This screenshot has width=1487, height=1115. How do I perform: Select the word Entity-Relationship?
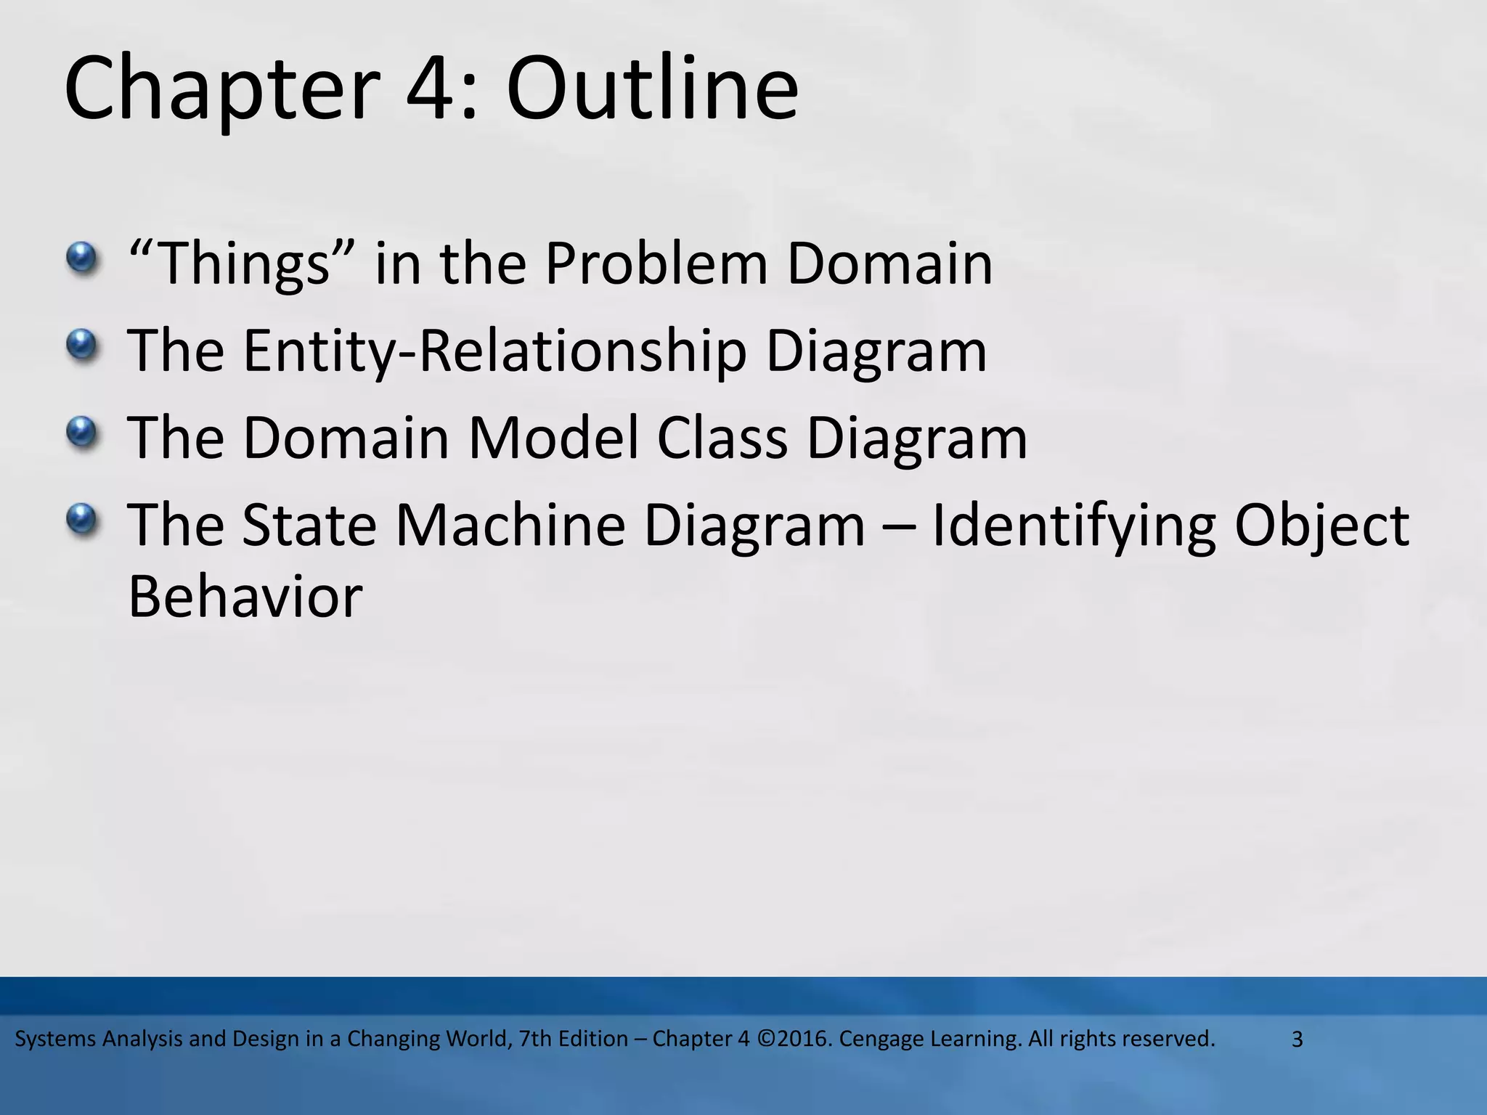pyautogui.click(x=494, y=352)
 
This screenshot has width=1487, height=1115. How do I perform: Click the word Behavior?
pyautogui.click(x=245, y=597)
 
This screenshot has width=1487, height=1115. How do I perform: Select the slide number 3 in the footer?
pyautogui.click(x=1297, y=1040)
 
